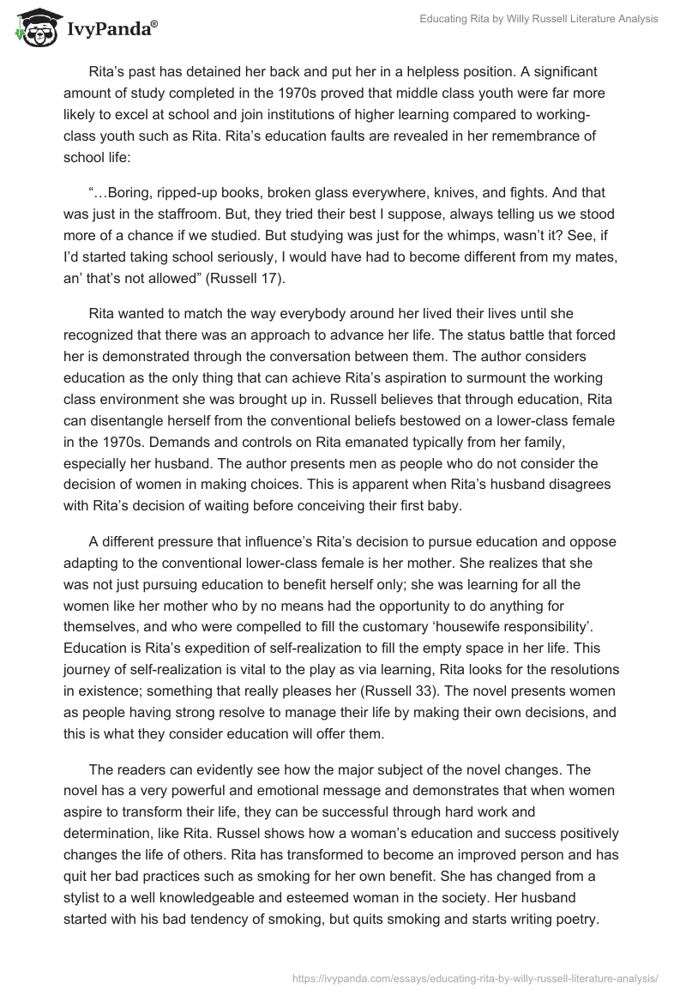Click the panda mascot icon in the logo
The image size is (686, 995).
click(x=33, y=27)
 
